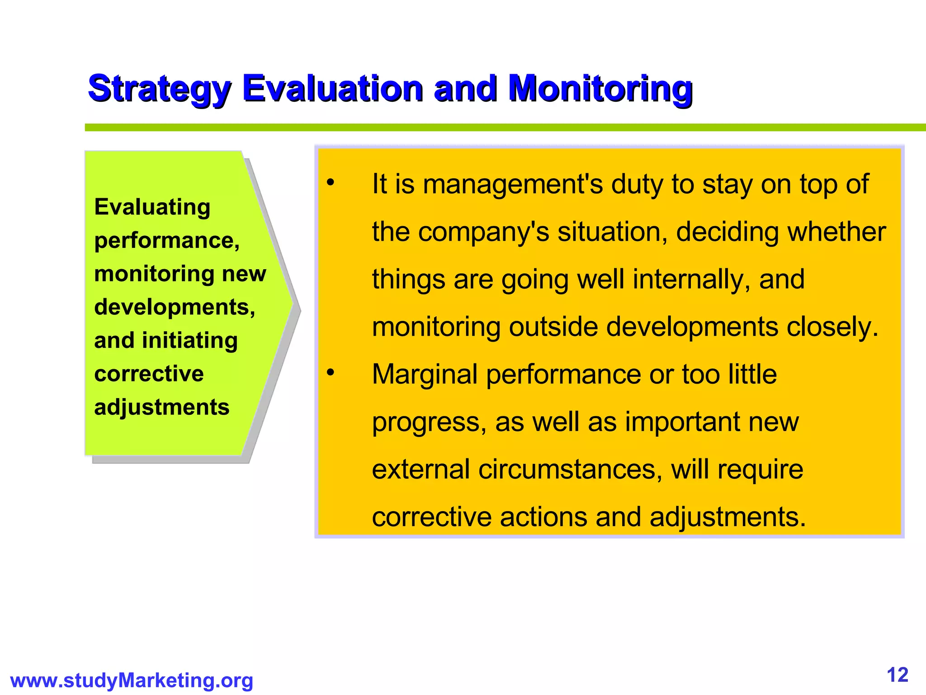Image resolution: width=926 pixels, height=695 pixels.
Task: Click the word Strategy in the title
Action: click(159, 89)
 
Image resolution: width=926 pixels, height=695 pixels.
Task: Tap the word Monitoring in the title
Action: click(600, 89)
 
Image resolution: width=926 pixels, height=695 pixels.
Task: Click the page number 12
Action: click(898, 675)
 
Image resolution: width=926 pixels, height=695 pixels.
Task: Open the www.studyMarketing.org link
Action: click(132, 681)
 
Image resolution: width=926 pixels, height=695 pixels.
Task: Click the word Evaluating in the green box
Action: click(152, 207)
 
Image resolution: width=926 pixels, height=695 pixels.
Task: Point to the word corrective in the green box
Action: click(149, 374)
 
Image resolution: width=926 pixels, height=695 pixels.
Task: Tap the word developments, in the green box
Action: click(175, 307)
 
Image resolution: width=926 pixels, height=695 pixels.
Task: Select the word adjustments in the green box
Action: click(162, 407)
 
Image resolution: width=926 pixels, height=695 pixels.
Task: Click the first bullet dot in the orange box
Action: click(331, 183)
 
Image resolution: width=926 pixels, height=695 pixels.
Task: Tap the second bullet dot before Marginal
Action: click(331, 372)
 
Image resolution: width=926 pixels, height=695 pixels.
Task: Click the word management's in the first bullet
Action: click(513, 185)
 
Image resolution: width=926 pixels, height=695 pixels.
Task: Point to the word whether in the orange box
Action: click(836, 232)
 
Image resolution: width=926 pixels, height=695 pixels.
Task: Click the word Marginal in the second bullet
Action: click(425, 375)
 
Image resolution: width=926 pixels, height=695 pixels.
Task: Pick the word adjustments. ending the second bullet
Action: click(728, 517)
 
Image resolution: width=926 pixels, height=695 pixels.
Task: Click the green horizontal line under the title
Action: click(497, 128)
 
